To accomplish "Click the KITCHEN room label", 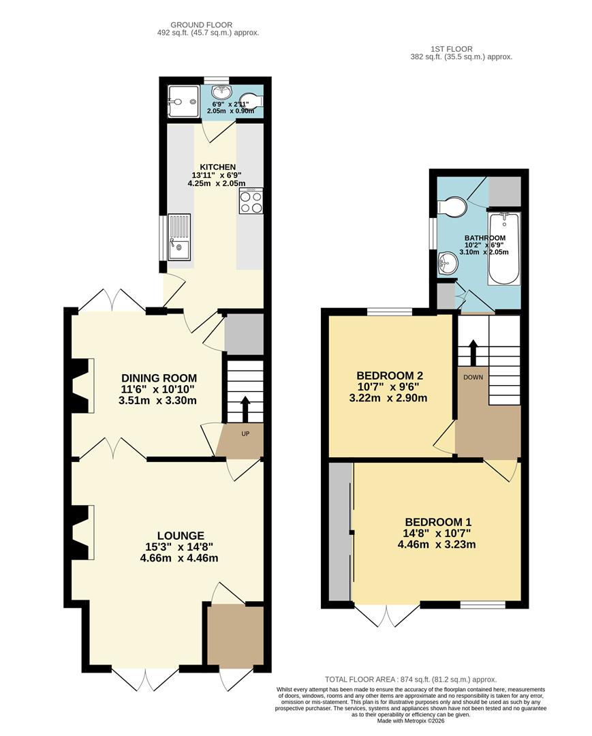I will pyautogui.click(x=218, y=167).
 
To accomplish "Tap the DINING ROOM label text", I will pyautogui.click(x=159, y=378).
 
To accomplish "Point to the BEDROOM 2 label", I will pyautogui.click(x=390, y=375).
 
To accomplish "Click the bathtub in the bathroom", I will pyautogui.click(x=504, y=248).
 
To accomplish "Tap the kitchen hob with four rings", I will pyautogui.click(x=250, y=202).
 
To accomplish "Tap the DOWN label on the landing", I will pyautogui.click(x=473, y=377).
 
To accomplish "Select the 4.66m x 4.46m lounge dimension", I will pyautogui.click(x=178, y=559).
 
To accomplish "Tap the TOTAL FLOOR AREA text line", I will pyautogui.click(x=411, y=679).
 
